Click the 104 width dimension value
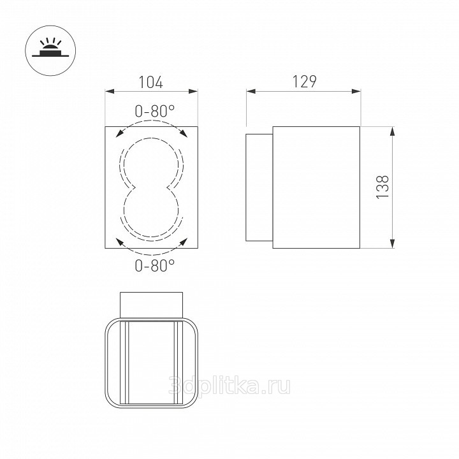pyautogui.click(x=150, y=82)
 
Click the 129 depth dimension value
pyautogui.click(x=305, y=82)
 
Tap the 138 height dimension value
pyautogui.click(x=382, y=187)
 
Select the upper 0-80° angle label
pyautogui.click(x=154, y=112)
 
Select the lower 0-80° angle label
pyautogui.click(x=154, y=265)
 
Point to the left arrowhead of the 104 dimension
pyautogui.click(x=110, y=92)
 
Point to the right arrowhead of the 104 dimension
pyautogui.click(x=193, y=92)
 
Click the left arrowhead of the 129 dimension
pyautogui.click(x=251, y=91)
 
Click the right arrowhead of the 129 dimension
pyautogui.click(x=356, y=91)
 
